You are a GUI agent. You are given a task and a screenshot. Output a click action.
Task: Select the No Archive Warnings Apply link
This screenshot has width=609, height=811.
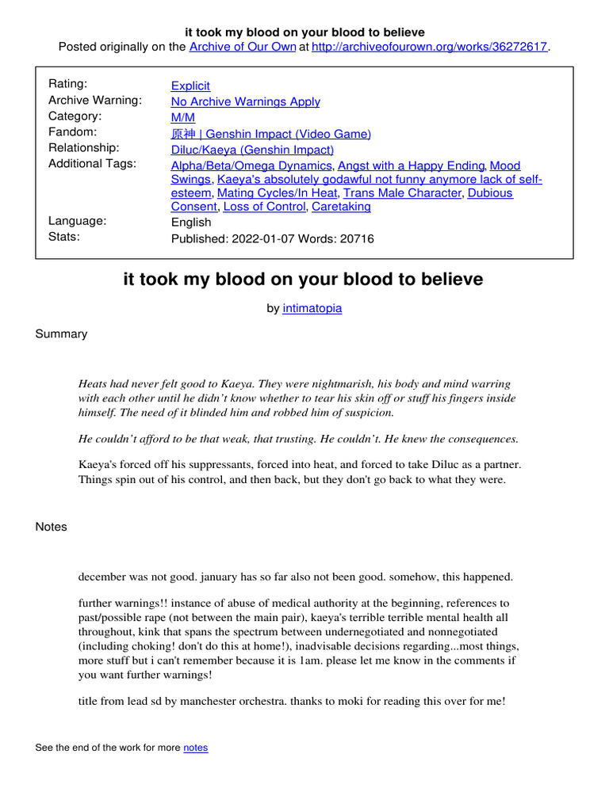point(246,101)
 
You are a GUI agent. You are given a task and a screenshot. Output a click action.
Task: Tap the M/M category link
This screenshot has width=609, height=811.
point(183,117)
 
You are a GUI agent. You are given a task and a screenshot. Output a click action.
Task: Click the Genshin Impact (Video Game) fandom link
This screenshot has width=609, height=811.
point(270,133)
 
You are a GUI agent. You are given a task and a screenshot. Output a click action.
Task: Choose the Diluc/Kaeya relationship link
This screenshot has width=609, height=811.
point(252,149)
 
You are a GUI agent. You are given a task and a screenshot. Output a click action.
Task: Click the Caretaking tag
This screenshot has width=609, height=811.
point(341,207)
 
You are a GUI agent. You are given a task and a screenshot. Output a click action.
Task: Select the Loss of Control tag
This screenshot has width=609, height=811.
point(264,207)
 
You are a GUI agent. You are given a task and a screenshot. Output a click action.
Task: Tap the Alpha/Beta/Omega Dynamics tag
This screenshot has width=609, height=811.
point(251,166)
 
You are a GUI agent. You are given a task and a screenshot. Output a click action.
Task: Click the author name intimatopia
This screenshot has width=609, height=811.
point(312,308)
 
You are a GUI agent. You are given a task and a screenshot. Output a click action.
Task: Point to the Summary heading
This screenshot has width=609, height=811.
point(61,333)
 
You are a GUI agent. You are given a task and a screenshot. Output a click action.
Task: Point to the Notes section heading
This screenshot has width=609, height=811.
point(52,527)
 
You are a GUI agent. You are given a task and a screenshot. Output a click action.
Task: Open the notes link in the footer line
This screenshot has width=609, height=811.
point(196,748)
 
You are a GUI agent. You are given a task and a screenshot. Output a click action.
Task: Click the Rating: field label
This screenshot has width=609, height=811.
point(68,84)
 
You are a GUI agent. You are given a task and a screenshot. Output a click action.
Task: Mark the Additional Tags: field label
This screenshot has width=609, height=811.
point(92,163)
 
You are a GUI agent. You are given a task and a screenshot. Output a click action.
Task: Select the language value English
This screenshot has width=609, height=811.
point(191,222)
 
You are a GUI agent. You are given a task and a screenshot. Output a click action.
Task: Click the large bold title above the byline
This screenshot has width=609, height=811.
point(304,280)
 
